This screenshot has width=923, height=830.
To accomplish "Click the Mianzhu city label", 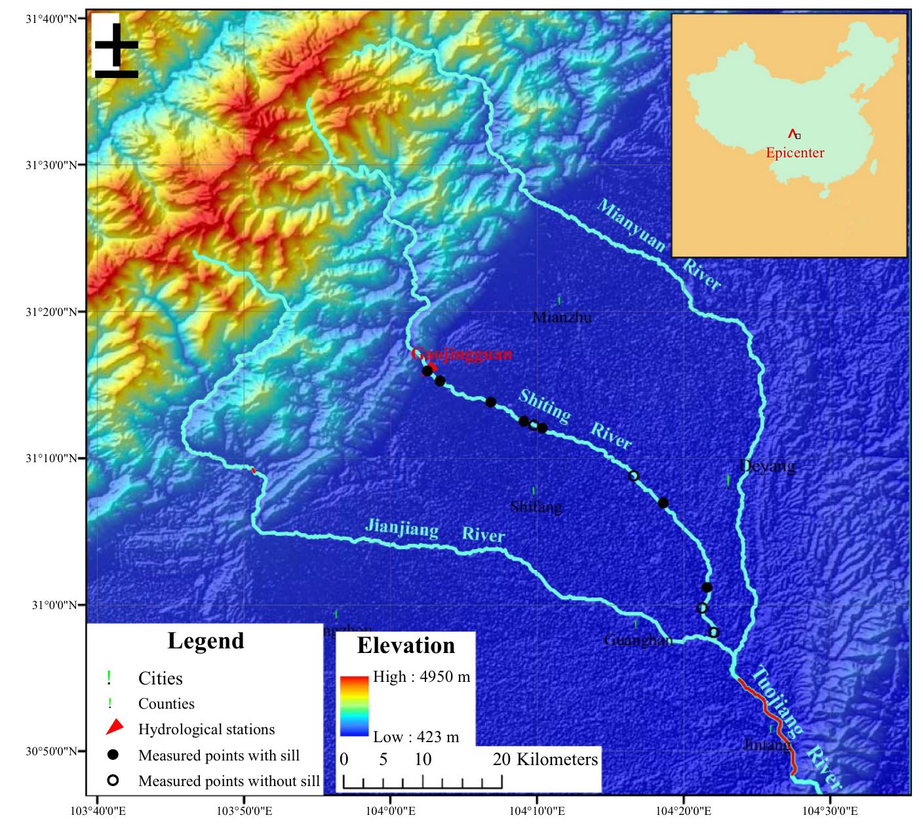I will [562, 317].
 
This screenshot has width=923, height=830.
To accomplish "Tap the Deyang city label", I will [767, 466].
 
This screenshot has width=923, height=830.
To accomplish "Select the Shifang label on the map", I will [536, 507].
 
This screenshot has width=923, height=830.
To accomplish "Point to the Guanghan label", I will [638, 639].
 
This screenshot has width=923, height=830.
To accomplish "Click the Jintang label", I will [766, 745].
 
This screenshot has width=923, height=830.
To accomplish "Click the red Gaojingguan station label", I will [461, 354].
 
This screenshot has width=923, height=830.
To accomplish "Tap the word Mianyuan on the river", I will [631, 226].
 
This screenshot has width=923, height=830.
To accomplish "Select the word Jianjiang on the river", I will [401, 527].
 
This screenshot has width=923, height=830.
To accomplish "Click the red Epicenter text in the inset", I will [795, 153].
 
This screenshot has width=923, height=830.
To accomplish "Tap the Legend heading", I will [206, 641].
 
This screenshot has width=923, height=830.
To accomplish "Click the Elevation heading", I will [406, 646].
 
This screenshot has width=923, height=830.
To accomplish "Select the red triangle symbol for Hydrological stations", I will [115, 728].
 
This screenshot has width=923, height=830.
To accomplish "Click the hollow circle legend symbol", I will [113, 780].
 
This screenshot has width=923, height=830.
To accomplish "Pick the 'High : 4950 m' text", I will [422, 677].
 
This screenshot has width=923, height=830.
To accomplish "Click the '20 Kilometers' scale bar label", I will [545, 759].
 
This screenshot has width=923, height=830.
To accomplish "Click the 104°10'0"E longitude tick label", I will [538, 811].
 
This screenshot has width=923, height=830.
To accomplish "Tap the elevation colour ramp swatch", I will [354, 706].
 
